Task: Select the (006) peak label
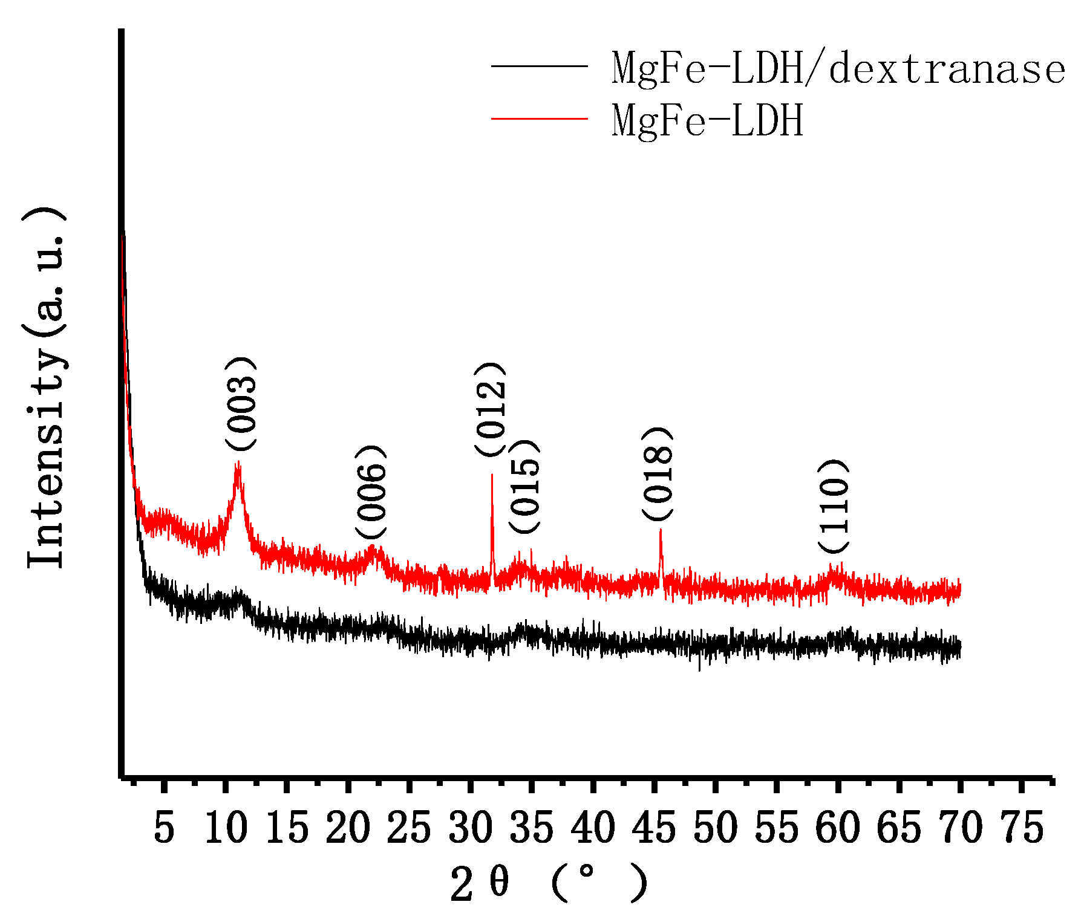pos(370,492)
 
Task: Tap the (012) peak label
pos(489,409)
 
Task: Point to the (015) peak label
pos(524,487)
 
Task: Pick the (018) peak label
pos(657,473)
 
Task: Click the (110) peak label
pos(834,505)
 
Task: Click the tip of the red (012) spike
pos(492,475)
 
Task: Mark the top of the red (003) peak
pos(238,463)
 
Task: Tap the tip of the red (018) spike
pos(661,530)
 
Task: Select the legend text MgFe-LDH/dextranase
pos(838,69)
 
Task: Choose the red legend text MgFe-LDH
pos(707,120)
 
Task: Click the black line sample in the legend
pos(539,65)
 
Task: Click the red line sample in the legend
pos(539,118)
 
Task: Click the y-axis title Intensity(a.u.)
pos(46,387)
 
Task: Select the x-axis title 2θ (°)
pos(549,884)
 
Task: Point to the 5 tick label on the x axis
pos(164,828)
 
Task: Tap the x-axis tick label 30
pos(470,828)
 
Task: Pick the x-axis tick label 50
pos(715,828)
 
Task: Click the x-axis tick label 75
pos(1021,828)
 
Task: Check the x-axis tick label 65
pos(899,828)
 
